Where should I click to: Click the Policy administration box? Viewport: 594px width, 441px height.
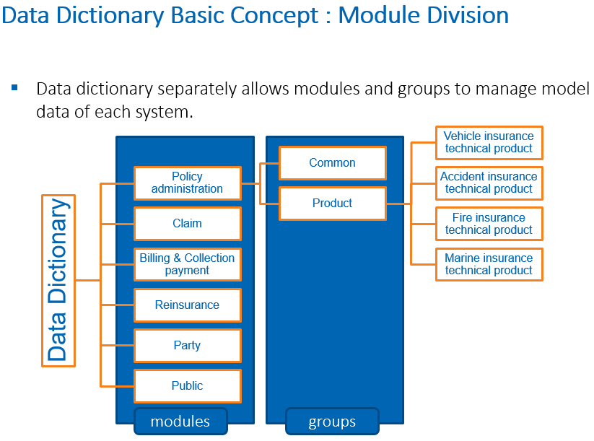188,183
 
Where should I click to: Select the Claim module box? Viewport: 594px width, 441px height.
188,224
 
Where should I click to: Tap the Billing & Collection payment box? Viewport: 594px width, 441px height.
188,264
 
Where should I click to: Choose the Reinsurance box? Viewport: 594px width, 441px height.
188,305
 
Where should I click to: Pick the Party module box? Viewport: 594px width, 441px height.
188,345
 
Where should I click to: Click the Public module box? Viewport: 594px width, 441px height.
188,386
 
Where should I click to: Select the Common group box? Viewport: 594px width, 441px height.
333,163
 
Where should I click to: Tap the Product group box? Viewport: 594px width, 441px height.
333,204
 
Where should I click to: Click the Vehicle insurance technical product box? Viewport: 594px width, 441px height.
489,142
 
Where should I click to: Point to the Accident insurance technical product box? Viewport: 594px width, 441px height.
489,183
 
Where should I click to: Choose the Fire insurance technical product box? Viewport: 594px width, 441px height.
489,224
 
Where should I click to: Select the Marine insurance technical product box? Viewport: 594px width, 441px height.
489,264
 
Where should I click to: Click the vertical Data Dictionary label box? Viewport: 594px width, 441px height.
58,280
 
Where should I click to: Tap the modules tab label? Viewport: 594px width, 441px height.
180,422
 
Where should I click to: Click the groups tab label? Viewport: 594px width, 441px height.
332,422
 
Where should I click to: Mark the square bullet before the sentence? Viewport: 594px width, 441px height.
14,88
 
